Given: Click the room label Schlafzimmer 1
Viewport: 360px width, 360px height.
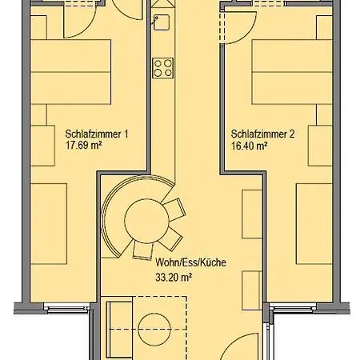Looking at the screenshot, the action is [x=97, y=134].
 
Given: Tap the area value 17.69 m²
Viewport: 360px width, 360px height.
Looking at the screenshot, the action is [x=84, y=146].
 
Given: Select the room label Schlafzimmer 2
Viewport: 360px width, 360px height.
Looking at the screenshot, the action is [x=262, y=134].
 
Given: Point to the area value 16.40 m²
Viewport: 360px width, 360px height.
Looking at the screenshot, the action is [x=250, y=146].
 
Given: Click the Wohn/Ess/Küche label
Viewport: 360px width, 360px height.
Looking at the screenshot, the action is [x=190, y=262].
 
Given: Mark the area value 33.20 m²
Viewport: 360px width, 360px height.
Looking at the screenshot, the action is [x=174, y=278].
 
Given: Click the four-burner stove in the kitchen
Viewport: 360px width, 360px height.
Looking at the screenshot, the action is [x=163, y=68].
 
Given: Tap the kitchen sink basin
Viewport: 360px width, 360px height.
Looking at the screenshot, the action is [x=162, y=22].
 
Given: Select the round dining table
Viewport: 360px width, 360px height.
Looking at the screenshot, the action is [x=146, y=221].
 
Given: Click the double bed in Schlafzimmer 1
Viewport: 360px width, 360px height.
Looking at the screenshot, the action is [x=70, y=72].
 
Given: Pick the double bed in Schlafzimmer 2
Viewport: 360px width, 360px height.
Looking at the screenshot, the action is [x=292, y=72].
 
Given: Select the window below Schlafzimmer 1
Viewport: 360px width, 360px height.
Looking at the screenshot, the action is [x=66, y=309].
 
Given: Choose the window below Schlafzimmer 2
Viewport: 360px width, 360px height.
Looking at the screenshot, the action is [x=293, y=309].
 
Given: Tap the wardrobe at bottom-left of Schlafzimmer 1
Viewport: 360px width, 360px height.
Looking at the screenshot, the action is [x=49, y=224].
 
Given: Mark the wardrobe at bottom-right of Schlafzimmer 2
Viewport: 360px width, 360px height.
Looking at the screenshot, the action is [x=314, y=224].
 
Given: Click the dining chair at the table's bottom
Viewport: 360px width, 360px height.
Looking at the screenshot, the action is [x=142, y=250].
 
